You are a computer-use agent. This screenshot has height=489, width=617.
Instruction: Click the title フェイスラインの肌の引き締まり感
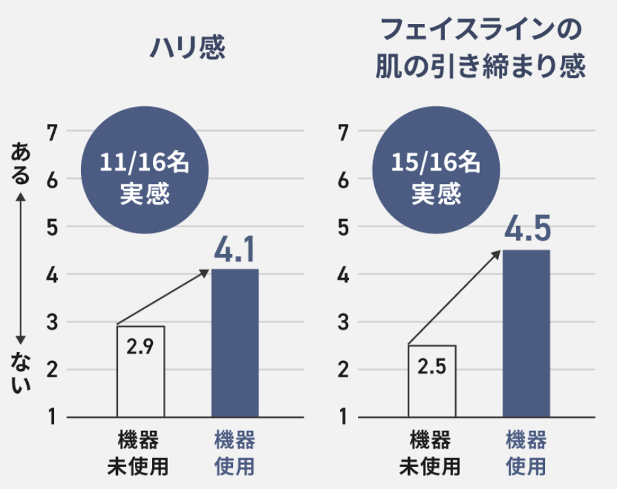click(479, 49)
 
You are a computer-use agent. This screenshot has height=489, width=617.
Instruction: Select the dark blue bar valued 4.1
click(234, 342)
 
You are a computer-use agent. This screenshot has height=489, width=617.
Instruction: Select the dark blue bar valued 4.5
click(526, 334)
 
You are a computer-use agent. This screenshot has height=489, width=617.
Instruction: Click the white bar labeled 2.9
click(141, 372)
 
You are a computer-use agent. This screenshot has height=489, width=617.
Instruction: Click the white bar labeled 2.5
click(432, 381)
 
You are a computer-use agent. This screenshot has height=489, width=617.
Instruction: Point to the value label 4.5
click(527, 230)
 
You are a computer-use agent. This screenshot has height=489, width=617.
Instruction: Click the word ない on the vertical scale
click(21, 374)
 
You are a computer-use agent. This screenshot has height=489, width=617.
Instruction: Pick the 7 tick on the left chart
click(52, 131)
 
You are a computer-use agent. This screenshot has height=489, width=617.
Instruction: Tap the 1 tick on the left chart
click(52, 417)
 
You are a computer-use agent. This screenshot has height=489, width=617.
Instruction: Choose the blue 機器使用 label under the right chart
click(526, 453)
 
